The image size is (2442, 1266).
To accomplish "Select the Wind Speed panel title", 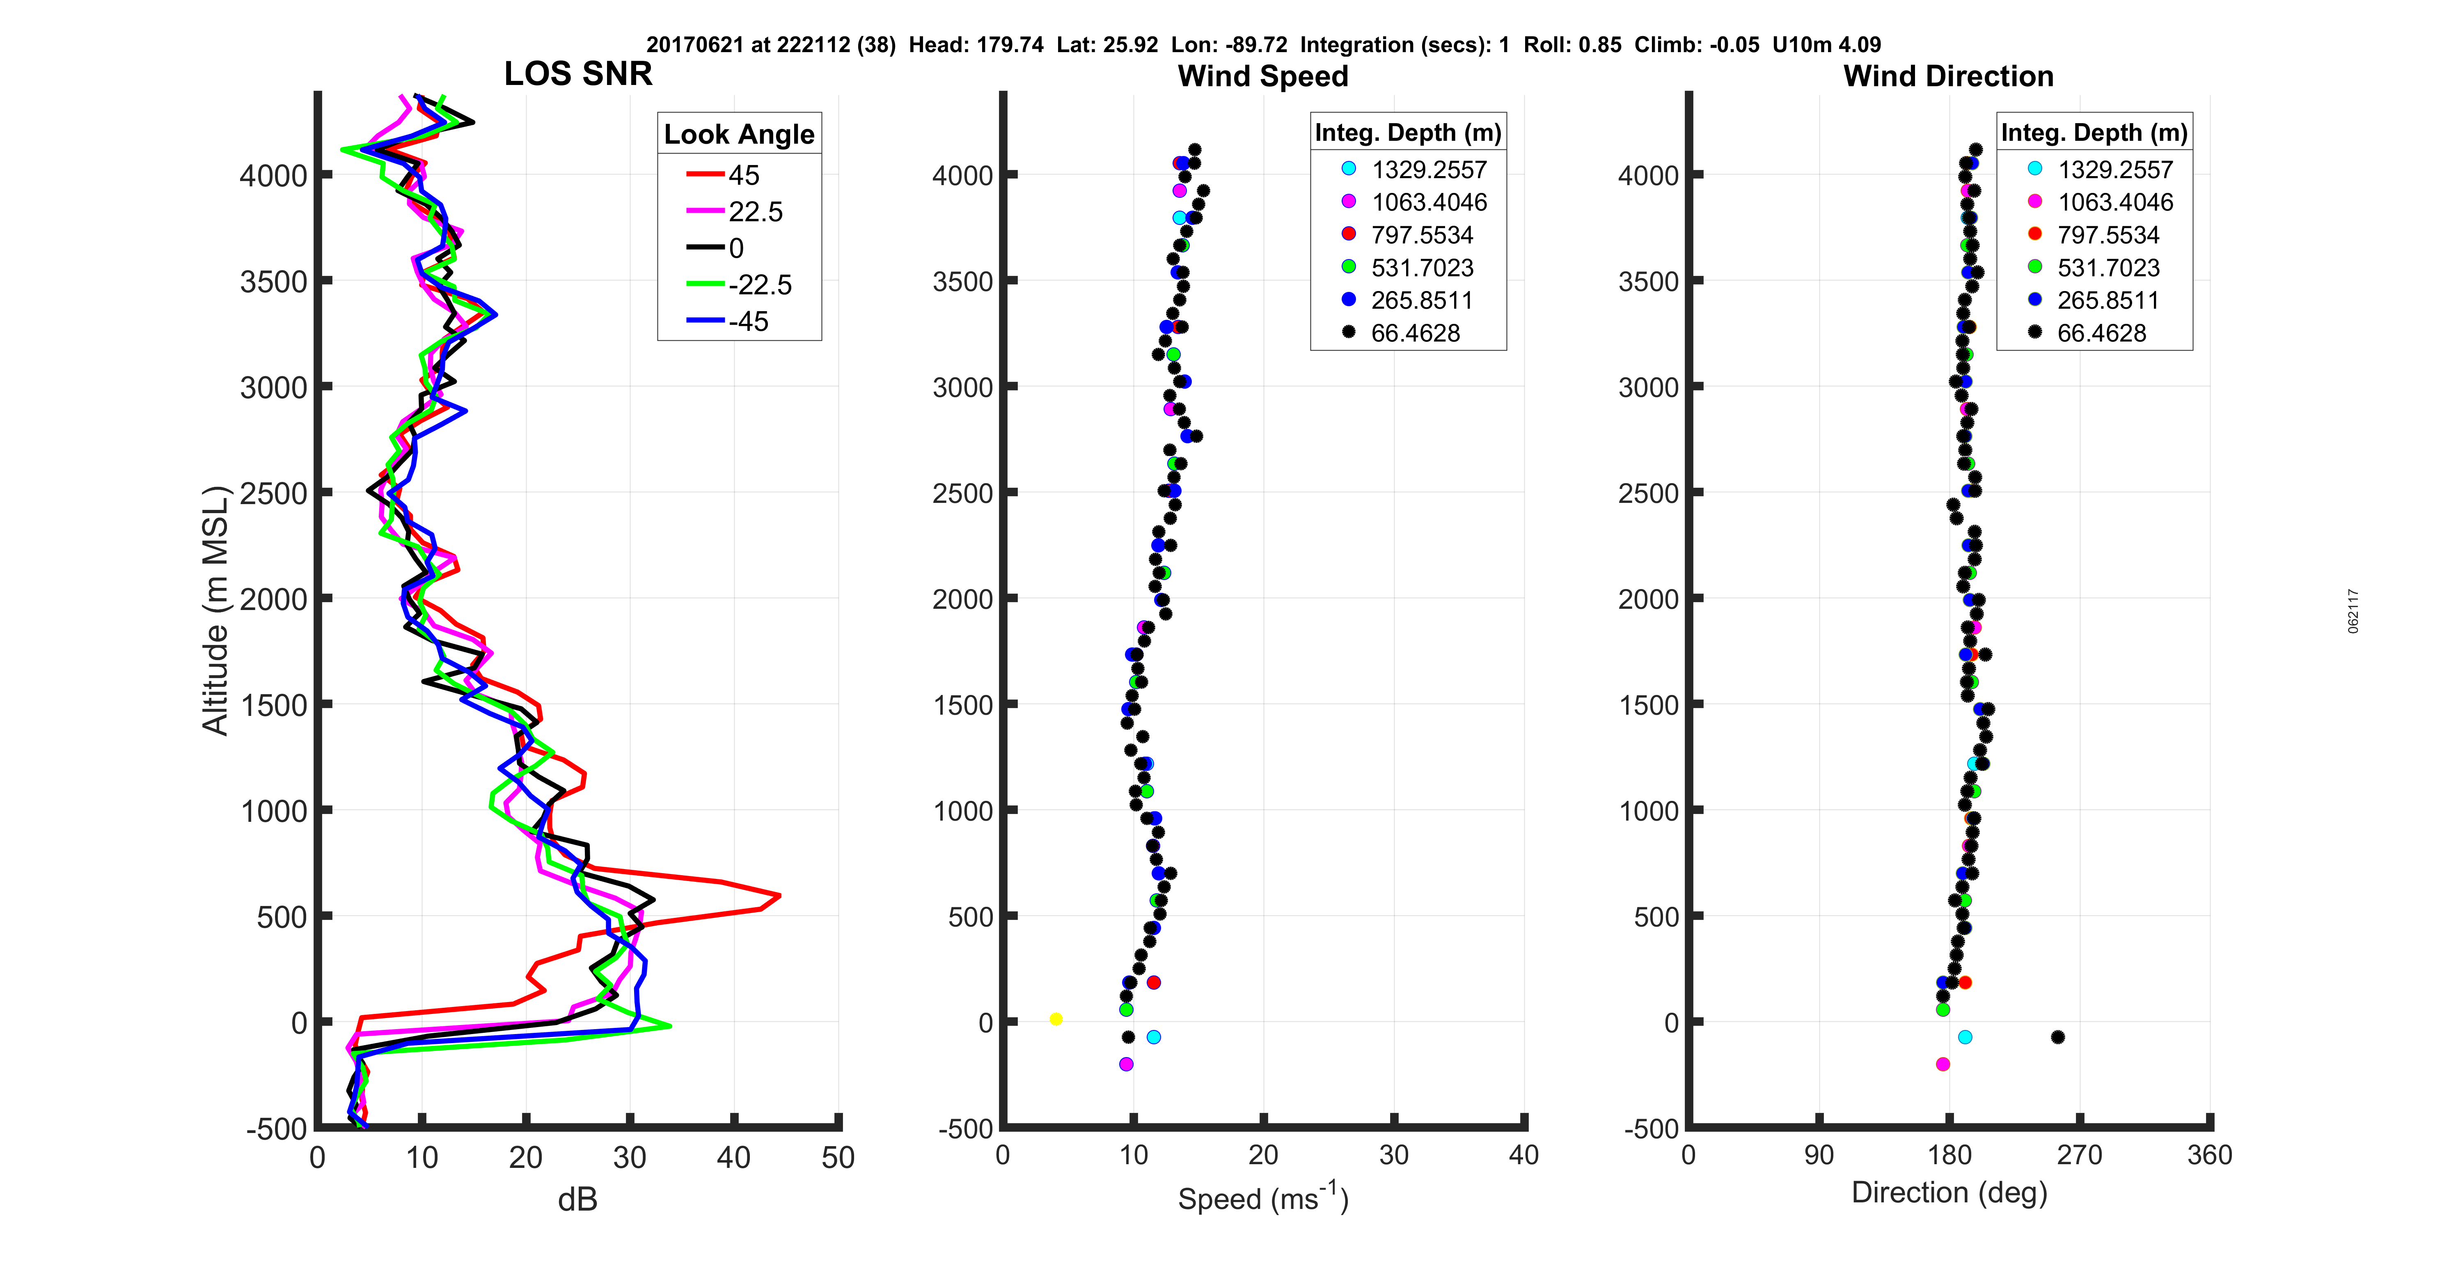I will point(1263,76).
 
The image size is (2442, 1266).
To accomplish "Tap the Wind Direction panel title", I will point(1948,76).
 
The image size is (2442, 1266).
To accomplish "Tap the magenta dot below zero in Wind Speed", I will point(1126,1064).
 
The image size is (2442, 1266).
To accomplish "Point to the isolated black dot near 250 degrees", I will point(2057,1037).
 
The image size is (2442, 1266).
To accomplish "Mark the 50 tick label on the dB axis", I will point(838,1158).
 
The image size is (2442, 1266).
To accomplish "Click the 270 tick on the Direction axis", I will point(2080,1155).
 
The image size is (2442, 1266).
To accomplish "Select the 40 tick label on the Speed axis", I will point(1523,1155).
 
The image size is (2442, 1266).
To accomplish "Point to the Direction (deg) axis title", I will point(1949,1193).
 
